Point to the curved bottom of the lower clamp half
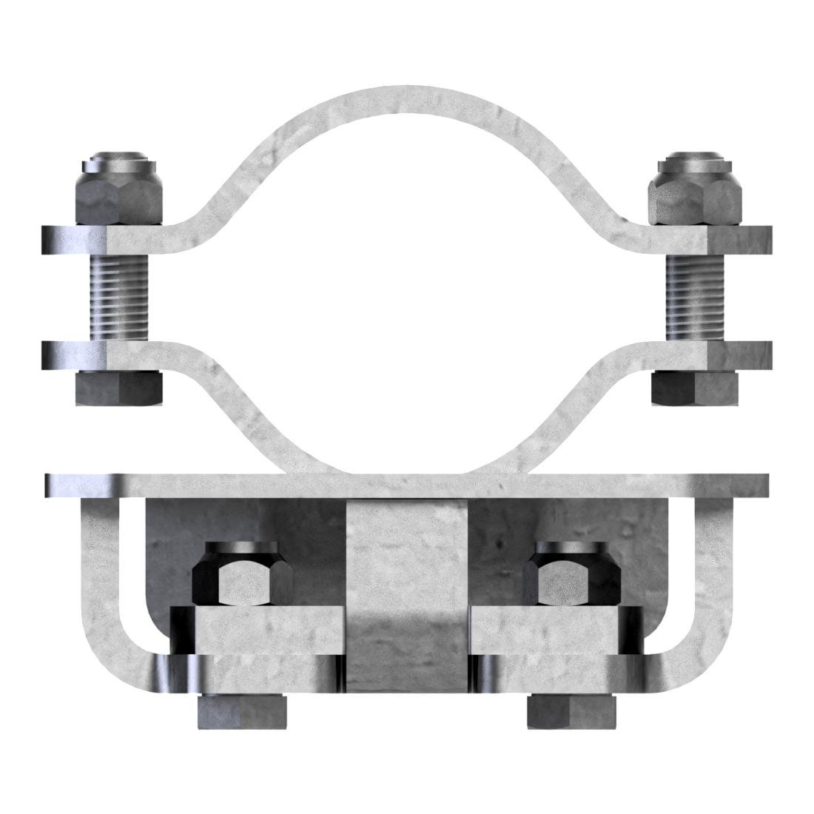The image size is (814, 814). [407, 462]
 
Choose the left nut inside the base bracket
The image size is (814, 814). [237, 577]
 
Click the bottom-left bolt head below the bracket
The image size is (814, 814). [242, 713]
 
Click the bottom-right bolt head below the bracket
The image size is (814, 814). [571, 713]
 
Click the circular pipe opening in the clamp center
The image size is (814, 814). [407, 289]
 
